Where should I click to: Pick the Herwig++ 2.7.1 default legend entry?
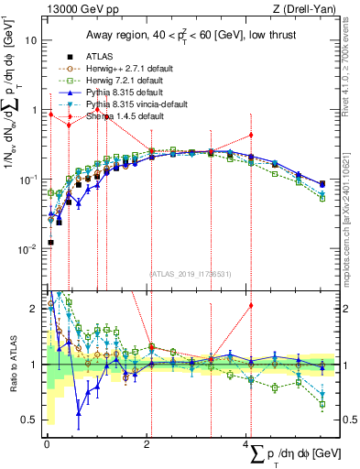119,67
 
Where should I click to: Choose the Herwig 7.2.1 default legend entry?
117,80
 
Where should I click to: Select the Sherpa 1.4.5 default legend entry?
114,116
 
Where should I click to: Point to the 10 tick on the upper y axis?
32,41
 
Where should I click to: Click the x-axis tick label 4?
246,443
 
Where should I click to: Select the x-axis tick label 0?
47,443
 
